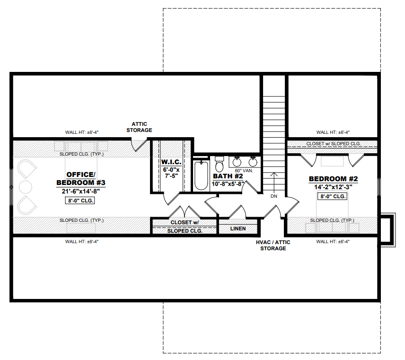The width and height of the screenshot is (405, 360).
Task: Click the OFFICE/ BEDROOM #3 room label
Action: (x=81, y=179)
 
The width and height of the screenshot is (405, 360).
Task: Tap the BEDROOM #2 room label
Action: (x=333, y=179)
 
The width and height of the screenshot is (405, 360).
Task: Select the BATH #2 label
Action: (x=228, y=176)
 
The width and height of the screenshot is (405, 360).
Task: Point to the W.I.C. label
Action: (x=171, y=162)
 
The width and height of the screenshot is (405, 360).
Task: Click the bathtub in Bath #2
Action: (x=201, y=176)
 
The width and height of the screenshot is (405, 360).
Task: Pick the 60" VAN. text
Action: (x=244, y=171)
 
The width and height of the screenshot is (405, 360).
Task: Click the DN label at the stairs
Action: (x=274, y=196)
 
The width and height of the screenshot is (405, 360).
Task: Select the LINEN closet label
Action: (x=238, y=228)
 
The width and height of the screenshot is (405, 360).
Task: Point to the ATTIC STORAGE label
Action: (x=139, y=127)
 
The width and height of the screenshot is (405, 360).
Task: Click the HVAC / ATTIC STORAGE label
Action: (x=273, y=246)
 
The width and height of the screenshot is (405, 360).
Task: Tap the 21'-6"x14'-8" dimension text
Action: (x=81, y=192)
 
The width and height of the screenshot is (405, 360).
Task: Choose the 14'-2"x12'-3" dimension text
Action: (x=333, y=187)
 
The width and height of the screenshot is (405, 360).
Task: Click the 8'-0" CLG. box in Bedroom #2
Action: (x=333, y=196)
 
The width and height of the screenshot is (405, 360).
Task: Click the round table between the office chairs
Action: (x=26, y=187)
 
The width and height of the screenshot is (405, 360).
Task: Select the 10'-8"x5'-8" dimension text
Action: (x=228, y=184)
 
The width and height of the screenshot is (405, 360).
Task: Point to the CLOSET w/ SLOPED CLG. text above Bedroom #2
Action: (x=333, y=144)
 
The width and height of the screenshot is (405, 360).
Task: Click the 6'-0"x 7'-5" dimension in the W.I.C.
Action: (x=171, y=173)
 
